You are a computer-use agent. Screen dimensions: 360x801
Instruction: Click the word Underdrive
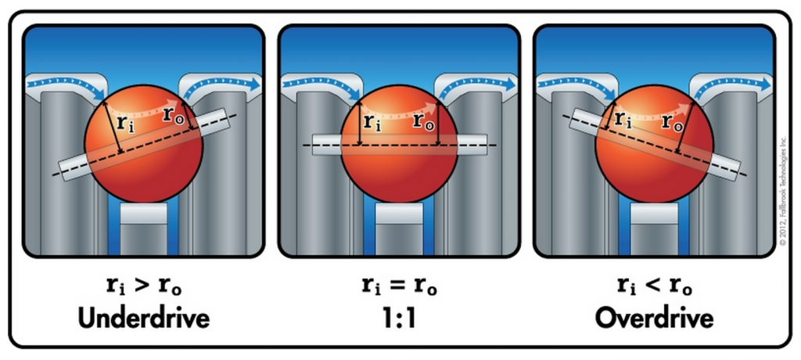(x=142, y=319)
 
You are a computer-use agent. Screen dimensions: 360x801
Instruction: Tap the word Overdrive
(x=654, y=319)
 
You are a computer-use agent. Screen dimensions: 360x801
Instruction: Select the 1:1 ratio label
(x=399, y=319)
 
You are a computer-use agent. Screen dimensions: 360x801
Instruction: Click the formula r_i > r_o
(x=142, y=287)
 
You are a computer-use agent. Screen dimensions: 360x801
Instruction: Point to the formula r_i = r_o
(x=399, y=287)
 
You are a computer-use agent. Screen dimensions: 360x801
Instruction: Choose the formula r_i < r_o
(x=654, y=287)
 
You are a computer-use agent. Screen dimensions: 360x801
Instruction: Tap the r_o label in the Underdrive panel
(x=173, y=114)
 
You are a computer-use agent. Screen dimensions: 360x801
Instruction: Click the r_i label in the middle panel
(x=372, y=122)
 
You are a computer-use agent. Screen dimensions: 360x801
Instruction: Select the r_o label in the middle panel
(x=423, y=122)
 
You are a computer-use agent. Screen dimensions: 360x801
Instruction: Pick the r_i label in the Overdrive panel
(x=623, y=120)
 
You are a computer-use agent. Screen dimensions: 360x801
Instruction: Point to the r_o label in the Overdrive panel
(x=670, y=122)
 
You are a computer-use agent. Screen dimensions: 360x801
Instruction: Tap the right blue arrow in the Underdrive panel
(x=224, y=82)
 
